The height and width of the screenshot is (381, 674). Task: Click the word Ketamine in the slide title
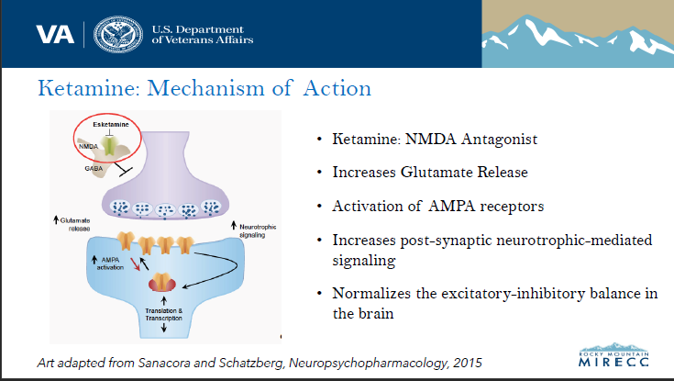(x=81, y=90)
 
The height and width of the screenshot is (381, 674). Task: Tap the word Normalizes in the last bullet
(x=367, y=292)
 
